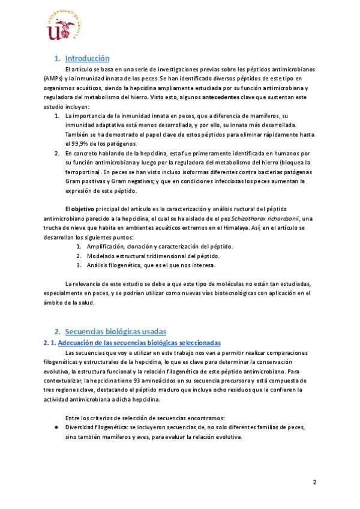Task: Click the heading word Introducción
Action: [87, 59]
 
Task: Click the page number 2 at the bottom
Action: [315, 482]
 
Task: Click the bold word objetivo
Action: [80, 208]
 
